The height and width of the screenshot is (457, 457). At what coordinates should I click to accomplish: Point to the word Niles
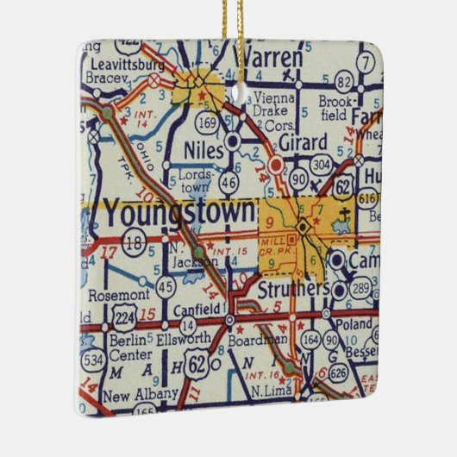pos(203,150)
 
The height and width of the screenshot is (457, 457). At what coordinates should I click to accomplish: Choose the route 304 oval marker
pos(321,165)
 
